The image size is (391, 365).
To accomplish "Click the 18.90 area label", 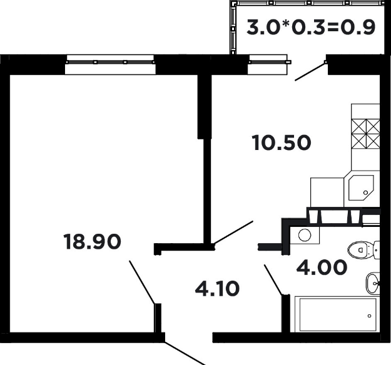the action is pos(92,242).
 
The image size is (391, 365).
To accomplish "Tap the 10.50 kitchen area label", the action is pos(282,142).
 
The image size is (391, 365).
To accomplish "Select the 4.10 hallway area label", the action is pos(217,289).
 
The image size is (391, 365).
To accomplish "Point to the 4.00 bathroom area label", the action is pos(322,267).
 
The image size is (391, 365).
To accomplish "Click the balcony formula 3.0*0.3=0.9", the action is pos(311,27).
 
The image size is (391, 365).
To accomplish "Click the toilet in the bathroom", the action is pos(363,250).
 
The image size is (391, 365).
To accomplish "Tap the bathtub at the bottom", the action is pos(338,314).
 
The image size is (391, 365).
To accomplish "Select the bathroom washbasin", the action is pos(373,283).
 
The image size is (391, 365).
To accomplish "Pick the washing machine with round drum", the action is pos(305,235).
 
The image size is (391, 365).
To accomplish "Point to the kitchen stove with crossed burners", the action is pos(365,134).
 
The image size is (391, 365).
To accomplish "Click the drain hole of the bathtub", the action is pos(369,316).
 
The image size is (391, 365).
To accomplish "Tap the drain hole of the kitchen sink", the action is pos(365,192).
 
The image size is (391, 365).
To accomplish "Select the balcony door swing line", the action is pos(310,71).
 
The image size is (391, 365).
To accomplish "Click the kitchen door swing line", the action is pos(233,232).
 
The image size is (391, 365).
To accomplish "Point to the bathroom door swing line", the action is pos(273,280).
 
